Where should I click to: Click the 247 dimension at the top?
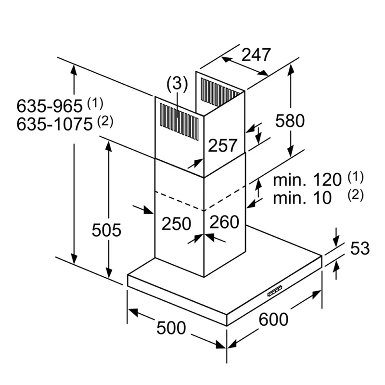click(256, 55)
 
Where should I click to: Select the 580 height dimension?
click(290, 121)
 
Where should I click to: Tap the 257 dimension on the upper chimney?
click(223, 145)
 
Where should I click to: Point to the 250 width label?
click(176, 223)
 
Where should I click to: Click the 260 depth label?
click(224, 222)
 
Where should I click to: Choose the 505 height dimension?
click(106, 230)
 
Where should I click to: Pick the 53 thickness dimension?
click(360, 248)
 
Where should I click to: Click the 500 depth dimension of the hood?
click(171, 328)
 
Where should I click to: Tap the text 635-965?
click(50, 106)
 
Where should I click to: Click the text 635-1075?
click(54, 124)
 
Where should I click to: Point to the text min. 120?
click(307, 180)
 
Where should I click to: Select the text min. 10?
click(302, 198)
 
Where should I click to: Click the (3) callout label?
click(177, 84)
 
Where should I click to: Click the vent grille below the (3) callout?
click(179, 122)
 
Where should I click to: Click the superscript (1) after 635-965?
click(95, 103)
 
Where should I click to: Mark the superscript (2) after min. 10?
click(355, 195)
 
